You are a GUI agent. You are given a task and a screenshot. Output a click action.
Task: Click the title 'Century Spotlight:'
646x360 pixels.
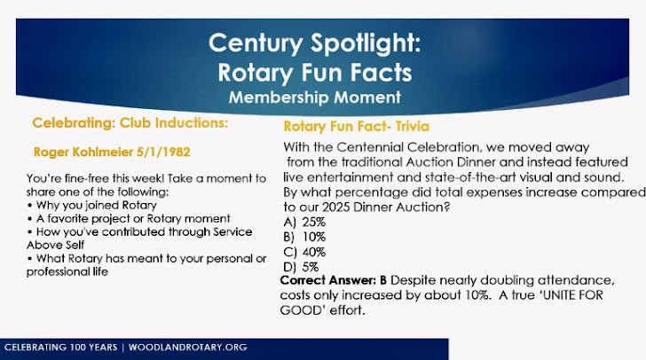[x=315, y=43]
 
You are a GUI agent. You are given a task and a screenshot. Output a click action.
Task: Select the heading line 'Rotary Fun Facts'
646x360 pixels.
[x=315, y=73]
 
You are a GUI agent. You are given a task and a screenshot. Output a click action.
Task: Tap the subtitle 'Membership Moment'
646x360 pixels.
[x=315, y=98]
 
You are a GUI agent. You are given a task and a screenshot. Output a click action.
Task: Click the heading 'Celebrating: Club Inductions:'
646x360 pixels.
[x=130, y=122]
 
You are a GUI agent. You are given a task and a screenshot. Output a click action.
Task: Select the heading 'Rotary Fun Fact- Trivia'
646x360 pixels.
[x=357, y=127]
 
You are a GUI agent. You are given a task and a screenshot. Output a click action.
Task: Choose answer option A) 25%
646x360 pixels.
[x=304, y=223]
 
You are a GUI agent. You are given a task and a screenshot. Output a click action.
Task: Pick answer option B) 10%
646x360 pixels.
[x=304, y=238]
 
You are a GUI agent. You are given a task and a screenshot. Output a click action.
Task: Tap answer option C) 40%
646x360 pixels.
[x=304, y=252]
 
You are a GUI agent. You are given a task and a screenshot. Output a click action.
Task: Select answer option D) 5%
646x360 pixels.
[x=301, y=267]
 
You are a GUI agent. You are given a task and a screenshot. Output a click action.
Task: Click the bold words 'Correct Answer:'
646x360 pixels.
[x=328, y=280]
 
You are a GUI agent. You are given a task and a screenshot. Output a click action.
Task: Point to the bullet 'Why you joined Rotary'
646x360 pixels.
[x=97, y=205]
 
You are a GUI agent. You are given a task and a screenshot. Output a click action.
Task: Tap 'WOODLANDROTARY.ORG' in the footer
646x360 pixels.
[x=188, y=348]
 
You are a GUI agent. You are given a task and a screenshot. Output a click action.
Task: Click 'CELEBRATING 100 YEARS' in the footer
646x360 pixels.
[x=61, y=348]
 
